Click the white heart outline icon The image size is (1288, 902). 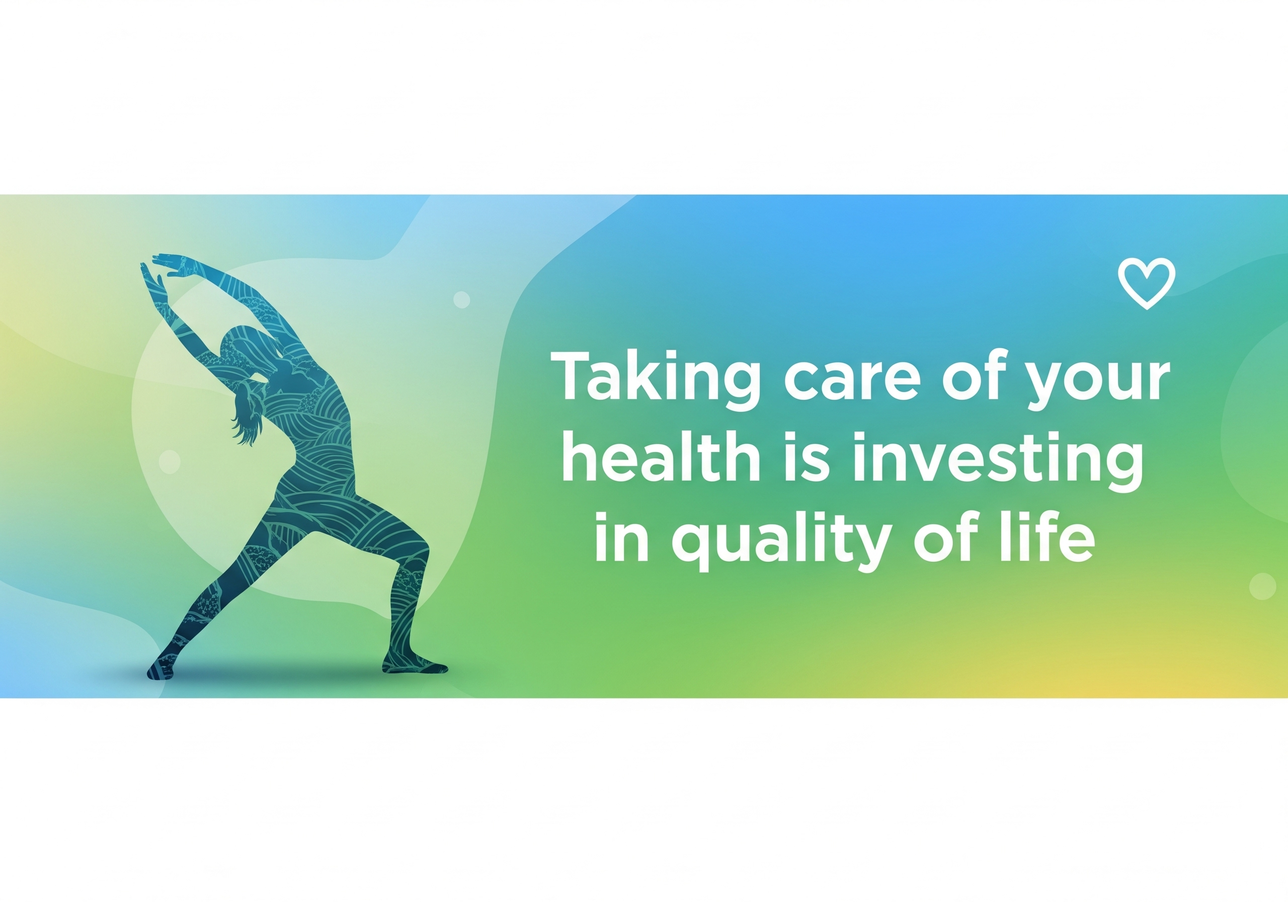(x=1146, y=284)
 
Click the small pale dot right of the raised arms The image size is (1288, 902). (x=462, y=299)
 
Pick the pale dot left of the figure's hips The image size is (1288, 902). (x=170, y=462)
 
